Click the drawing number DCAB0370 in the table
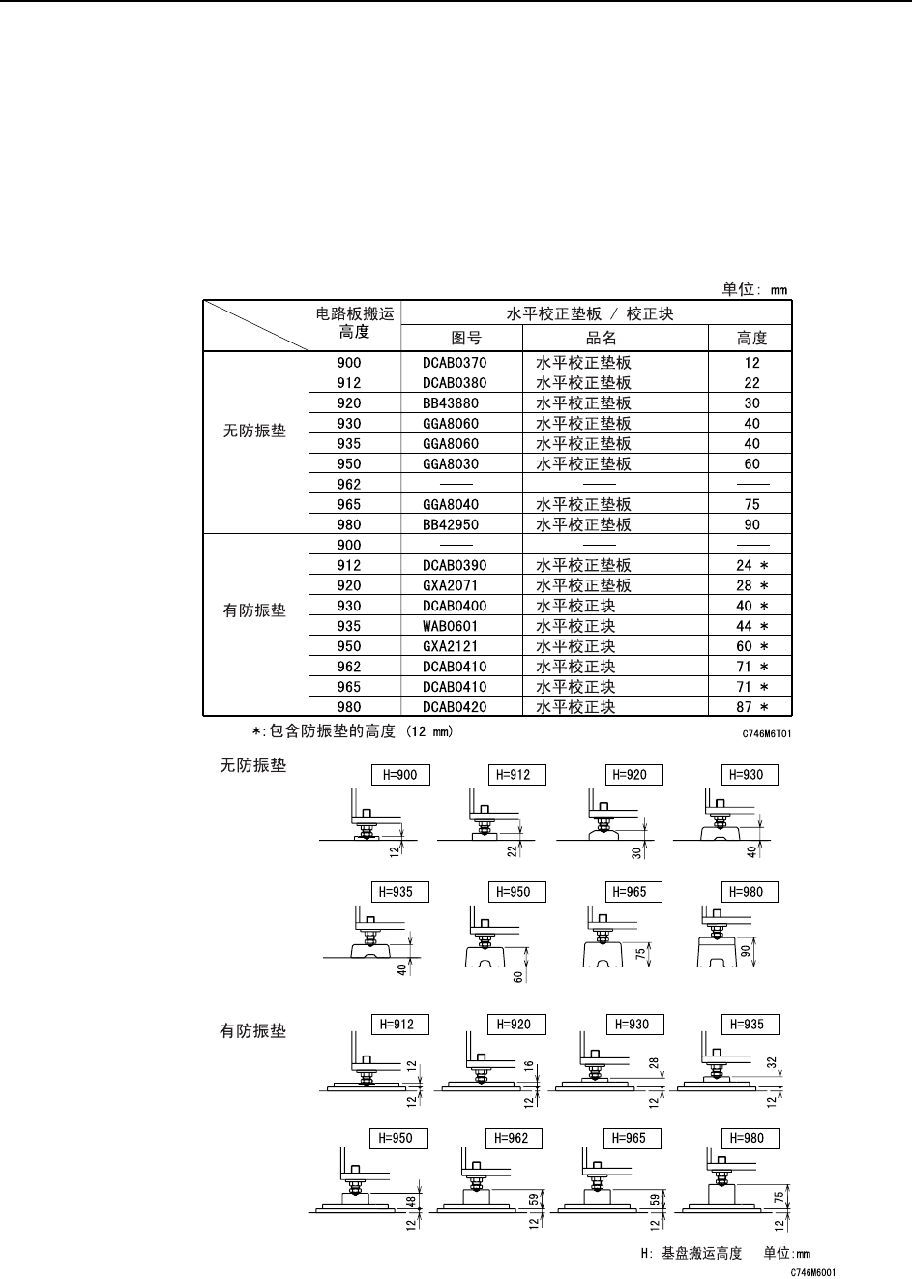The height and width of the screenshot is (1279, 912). click(455, 363)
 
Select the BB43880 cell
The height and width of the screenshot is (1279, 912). click(451, 403)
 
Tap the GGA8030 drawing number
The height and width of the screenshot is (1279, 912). click(451, 464)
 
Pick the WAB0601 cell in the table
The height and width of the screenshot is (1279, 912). click(451, 626)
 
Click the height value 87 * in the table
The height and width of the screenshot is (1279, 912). click(751, 707)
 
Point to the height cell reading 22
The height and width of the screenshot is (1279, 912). click(751, 383)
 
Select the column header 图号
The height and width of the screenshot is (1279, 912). click(466, 339)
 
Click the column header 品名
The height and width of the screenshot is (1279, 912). click(601, 339)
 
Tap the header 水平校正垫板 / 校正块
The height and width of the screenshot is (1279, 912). click(590, 313)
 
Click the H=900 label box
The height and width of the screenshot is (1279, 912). click(400, 775)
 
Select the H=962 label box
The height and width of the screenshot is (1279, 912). click(512, 1139)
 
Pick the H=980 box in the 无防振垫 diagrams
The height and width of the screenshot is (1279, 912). click(747, 893)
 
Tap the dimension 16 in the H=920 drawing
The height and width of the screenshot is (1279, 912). click(530, 1066)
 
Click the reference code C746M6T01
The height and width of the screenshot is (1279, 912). click(767, 734)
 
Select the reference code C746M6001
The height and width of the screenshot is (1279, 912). click(812, 1273)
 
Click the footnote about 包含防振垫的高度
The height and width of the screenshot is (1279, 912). click(352, 731)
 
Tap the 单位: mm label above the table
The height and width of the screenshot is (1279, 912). click(754, 288)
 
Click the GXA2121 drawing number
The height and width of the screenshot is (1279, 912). click(451, 646)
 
